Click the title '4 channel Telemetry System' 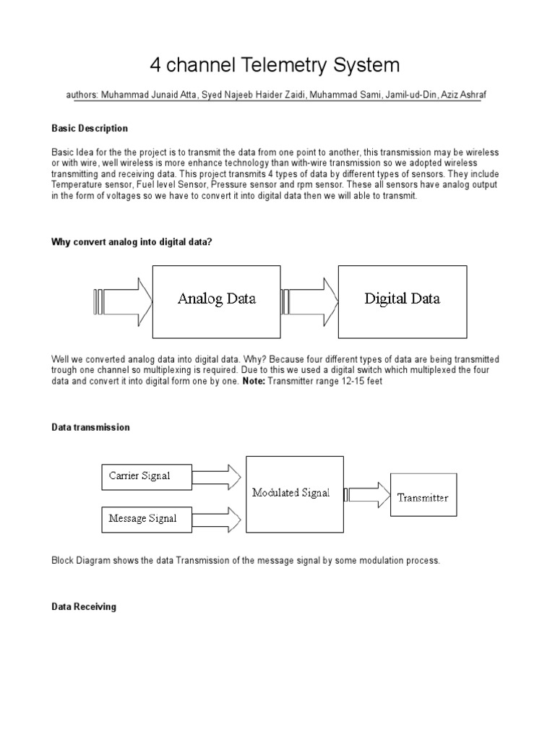(x=275, y=66)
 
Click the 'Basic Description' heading (x=90, y=128)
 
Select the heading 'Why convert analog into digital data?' (x=132, y=242)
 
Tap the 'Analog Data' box (x=216, y=299)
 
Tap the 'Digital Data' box (x=402, y=299)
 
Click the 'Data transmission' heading (x=90, y=427)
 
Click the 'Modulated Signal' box (x=291, y=494)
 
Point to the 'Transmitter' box (x=423, y=497)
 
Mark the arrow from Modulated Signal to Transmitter (x=367, y=495)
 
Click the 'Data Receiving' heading (x=83, y=607)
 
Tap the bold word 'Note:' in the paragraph (x=253, y=381)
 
